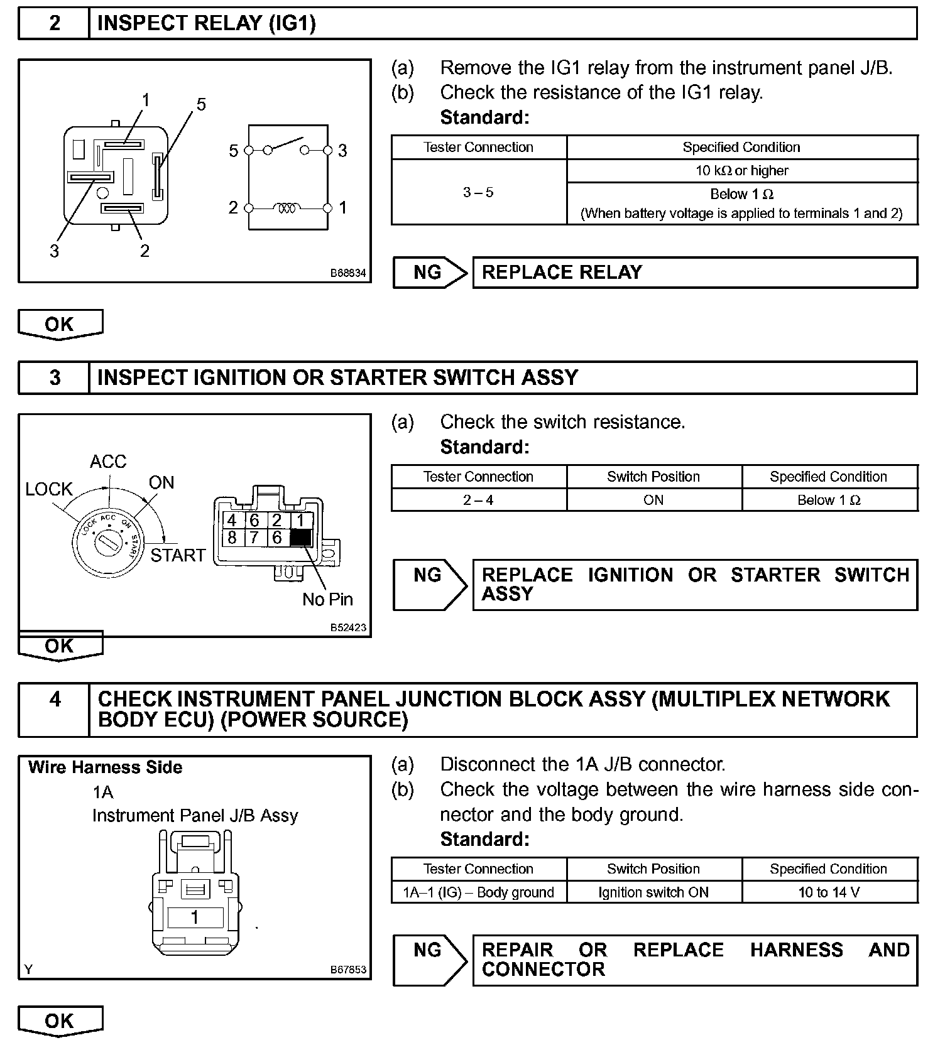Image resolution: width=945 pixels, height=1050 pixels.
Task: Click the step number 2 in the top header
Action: [55, 23]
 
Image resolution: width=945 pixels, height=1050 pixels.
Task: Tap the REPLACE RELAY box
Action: [694, 273]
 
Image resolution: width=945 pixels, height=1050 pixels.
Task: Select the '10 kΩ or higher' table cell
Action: [741, 171]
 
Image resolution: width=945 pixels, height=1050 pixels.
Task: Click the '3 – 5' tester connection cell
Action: [478, 193]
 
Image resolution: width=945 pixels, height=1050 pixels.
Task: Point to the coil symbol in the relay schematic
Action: [288, 207]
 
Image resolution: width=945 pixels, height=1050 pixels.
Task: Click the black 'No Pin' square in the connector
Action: [300, 538]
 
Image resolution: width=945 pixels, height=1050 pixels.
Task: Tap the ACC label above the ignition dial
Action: [108, 462]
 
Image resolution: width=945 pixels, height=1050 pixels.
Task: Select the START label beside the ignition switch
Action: [178, 555]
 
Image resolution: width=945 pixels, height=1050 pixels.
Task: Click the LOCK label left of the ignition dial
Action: [49, 489]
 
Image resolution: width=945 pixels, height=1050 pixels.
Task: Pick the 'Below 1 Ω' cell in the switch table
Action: [829, 501]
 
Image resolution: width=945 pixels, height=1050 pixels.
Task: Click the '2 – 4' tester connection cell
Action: [478, 501]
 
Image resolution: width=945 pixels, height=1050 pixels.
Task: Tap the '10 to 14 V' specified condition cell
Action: [829, 892]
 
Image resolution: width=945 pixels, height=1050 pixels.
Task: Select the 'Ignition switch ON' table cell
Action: [653, 892]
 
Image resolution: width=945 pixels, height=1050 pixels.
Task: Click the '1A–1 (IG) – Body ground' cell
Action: [478, 892]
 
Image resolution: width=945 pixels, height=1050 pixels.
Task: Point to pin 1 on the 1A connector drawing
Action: [195, 917]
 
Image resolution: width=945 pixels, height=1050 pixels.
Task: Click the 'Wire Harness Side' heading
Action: [106, 767]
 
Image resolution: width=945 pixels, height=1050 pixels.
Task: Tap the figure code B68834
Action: [348, 274]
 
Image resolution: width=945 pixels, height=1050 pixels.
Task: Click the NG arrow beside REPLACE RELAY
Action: [430, 273]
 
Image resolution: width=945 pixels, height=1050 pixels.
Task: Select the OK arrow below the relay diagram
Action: [60, 325]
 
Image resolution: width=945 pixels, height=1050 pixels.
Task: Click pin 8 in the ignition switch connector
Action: [232, 538]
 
